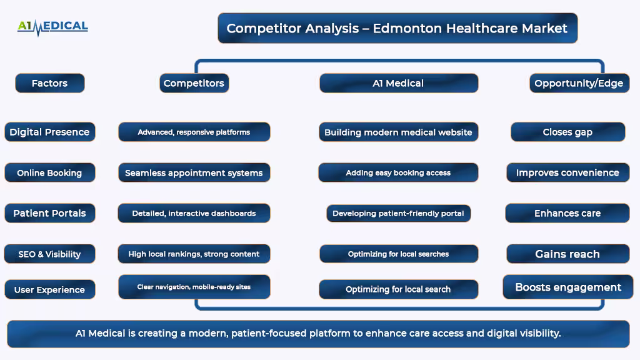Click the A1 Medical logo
pyautogui.click(x=52, y=27)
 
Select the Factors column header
pyautogui.click(x=50, y=83)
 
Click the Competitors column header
pyautogui.click(x=194, y=83)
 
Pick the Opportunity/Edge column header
pyautogui.click(x=579, y=83)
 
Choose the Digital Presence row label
pyautogui.click(x=50, y=132)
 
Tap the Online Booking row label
pyautogui.click(x=50, y=172)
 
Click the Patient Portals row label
pyautogui.click(x=50, y=213)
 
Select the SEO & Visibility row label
pyautogui.click(x=50, y=254)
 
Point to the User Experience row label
pyautogui.click(x=50, y=289)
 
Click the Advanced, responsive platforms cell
pyautogui.click(x=194, y=132)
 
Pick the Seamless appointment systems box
pyautogui.click(x=194, y=172)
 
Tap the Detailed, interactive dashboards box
pyautogui.click(x=194, y=213)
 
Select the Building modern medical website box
pyautogui.click(x=398, y=132)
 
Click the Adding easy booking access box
pyautogui.click(x=398, y=172)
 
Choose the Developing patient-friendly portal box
pyautogui.click(x=398, y=213)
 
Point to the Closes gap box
pyautogui.click(x=567, y=132)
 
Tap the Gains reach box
pyautogui.click(x=567, y=254)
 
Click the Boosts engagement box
pyautogui.click(x=568, y=287)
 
